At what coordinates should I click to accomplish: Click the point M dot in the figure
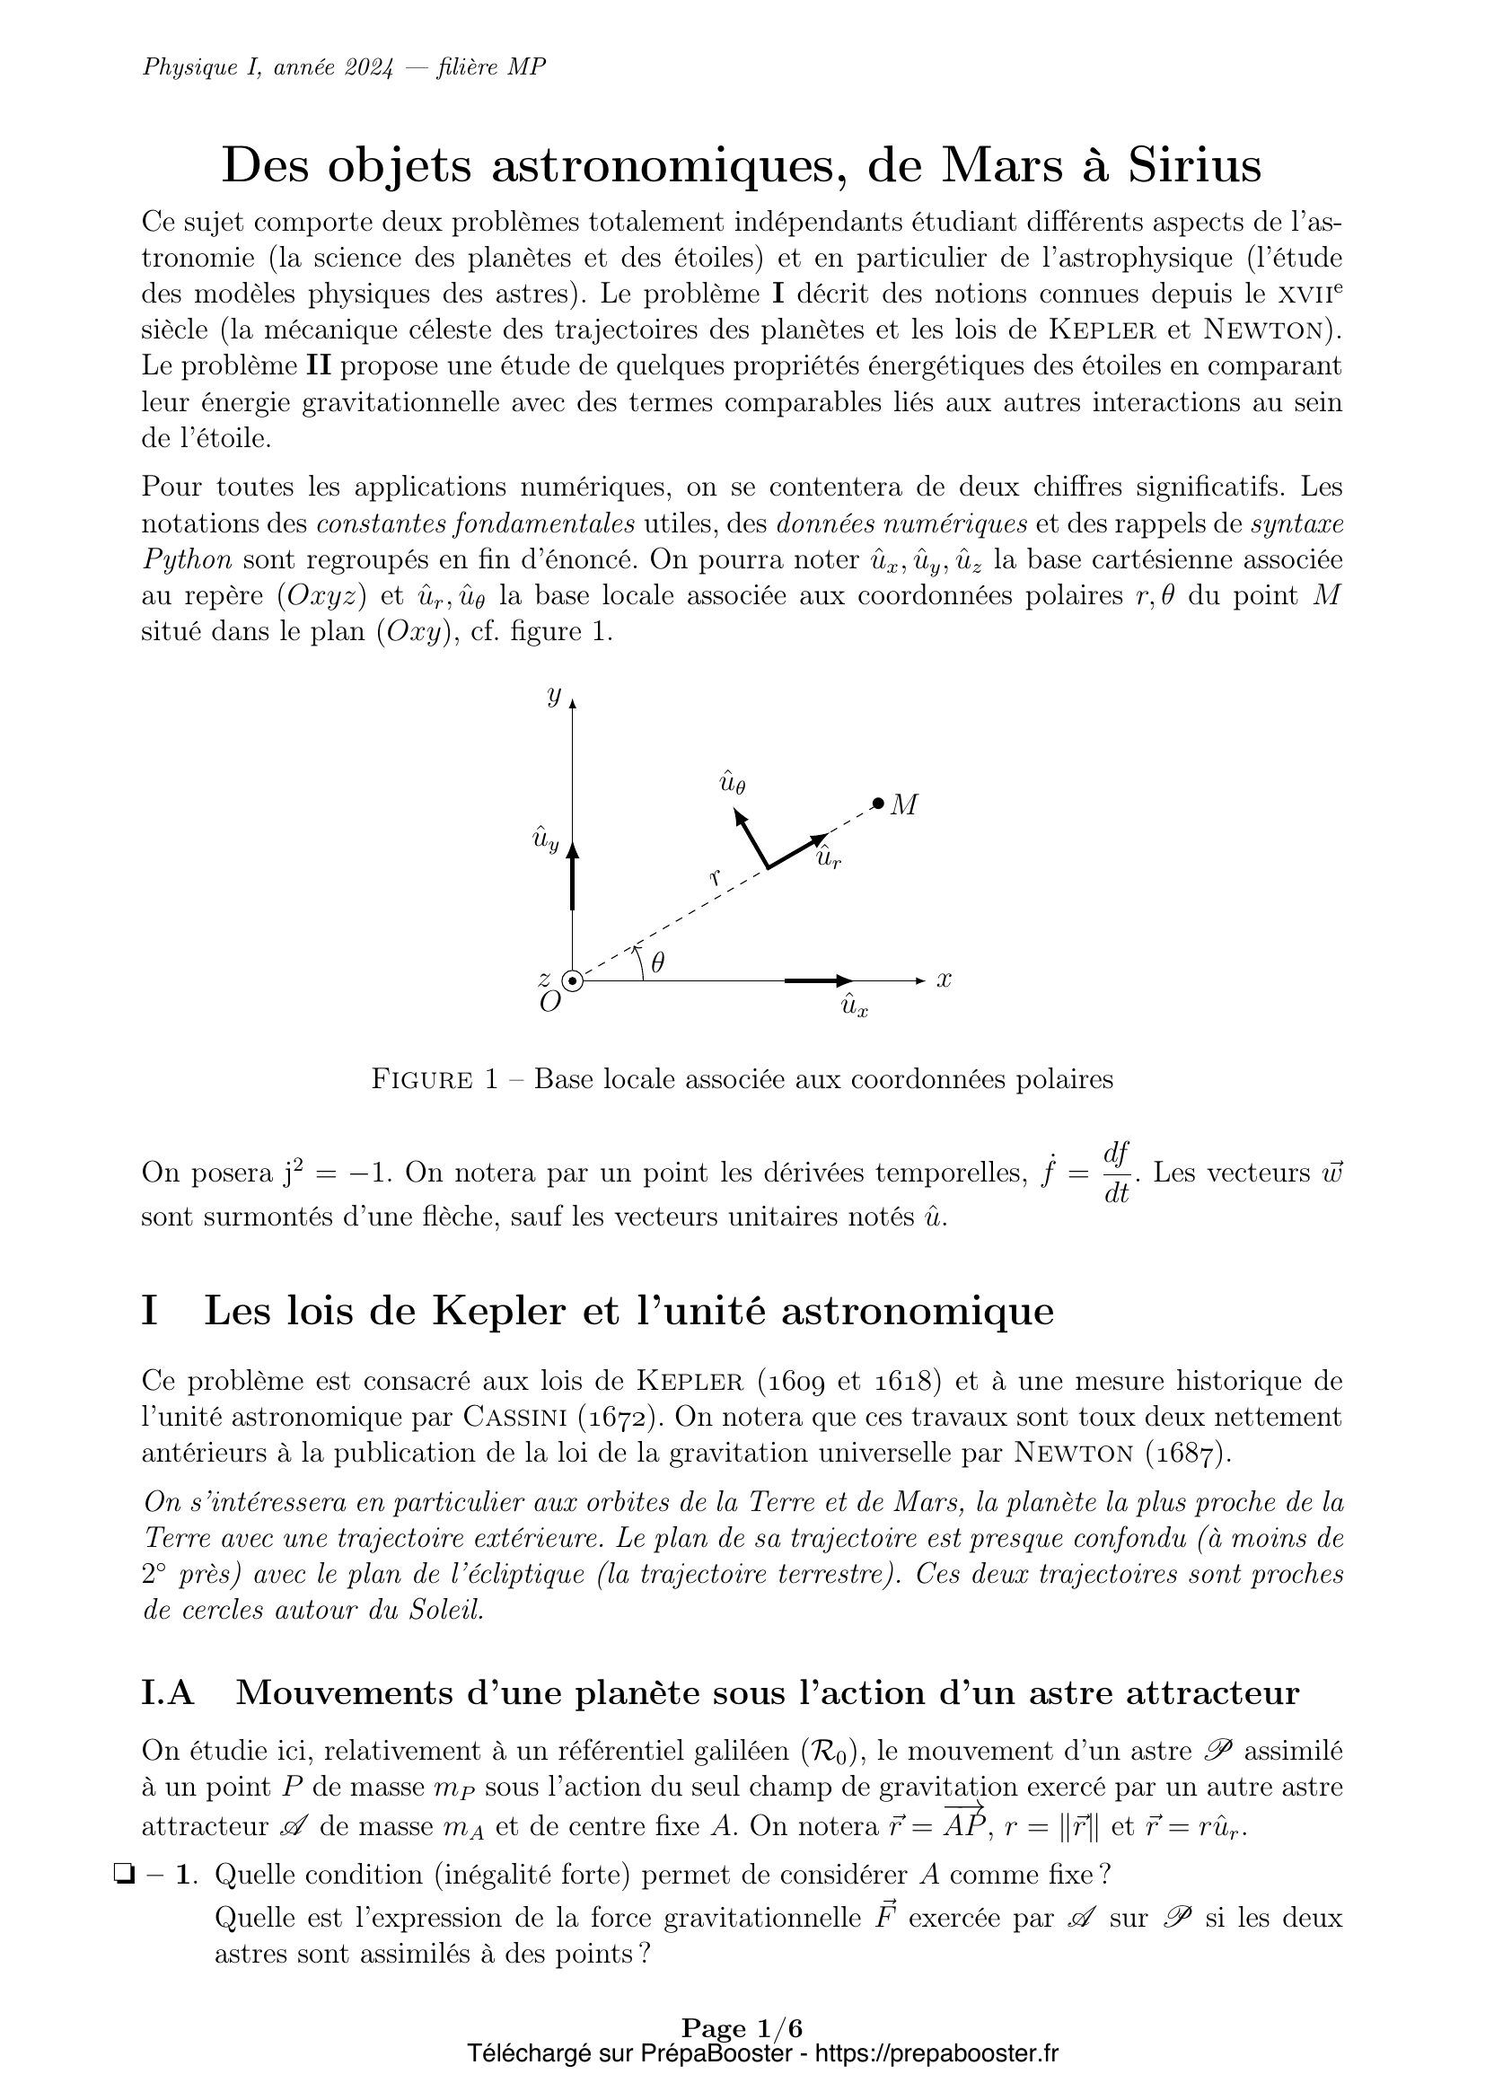pos(878,803)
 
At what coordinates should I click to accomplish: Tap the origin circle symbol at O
pos(573,980)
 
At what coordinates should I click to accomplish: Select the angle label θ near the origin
pos(657,962)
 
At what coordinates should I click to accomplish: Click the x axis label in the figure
pos(945,980)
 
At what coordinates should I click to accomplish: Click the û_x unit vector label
pos(854,1007)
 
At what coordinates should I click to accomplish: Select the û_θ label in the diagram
pos(732,783)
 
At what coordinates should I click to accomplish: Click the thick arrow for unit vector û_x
pos(818,980)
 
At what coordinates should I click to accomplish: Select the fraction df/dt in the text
pos(1117,1172)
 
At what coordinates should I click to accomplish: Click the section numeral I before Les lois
pos(150,1311)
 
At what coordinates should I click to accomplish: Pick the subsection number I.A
pos(168,1693)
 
